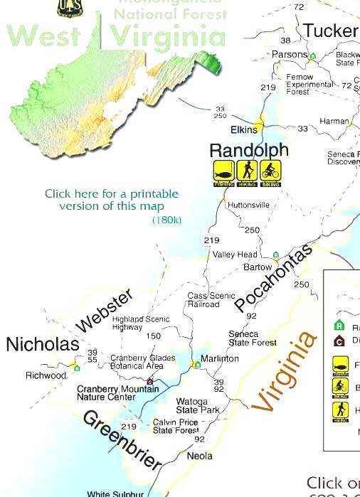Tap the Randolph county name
[x=249, y=150]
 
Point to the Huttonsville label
[x=248, y=205]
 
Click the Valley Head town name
[x=235, y=255]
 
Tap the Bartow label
[x=258, y=268]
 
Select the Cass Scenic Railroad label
[x=206, y=300]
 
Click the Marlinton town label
[x=220, y=358]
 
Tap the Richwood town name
[x=46, y=375]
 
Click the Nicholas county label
[x=42, y=345]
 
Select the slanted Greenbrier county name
[x=122, y=441]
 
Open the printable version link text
[x=112, y=200]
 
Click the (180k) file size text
[x=167, y=220]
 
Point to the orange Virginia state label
[x=284, y=372]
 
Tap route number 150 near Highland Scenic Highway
[x=154, y=336]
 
